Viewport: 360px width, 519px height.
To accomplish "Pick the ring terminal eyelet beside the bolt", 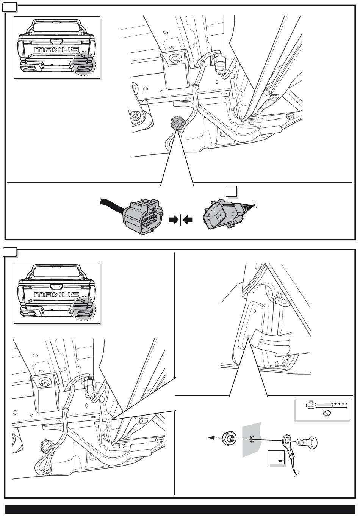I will (x=286, y=440).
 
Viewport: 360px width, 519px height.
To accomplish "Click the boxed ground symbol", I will (x=275, y=457).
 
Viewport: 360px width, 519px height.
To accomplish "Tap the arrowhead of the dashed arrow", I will (x=210, y=438).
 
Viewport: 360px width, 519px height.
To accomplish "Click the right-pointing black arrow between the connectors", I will (x=174, y=220).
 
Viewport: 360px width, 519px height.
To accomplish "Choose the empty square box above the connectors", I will (x=232, y=191).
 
